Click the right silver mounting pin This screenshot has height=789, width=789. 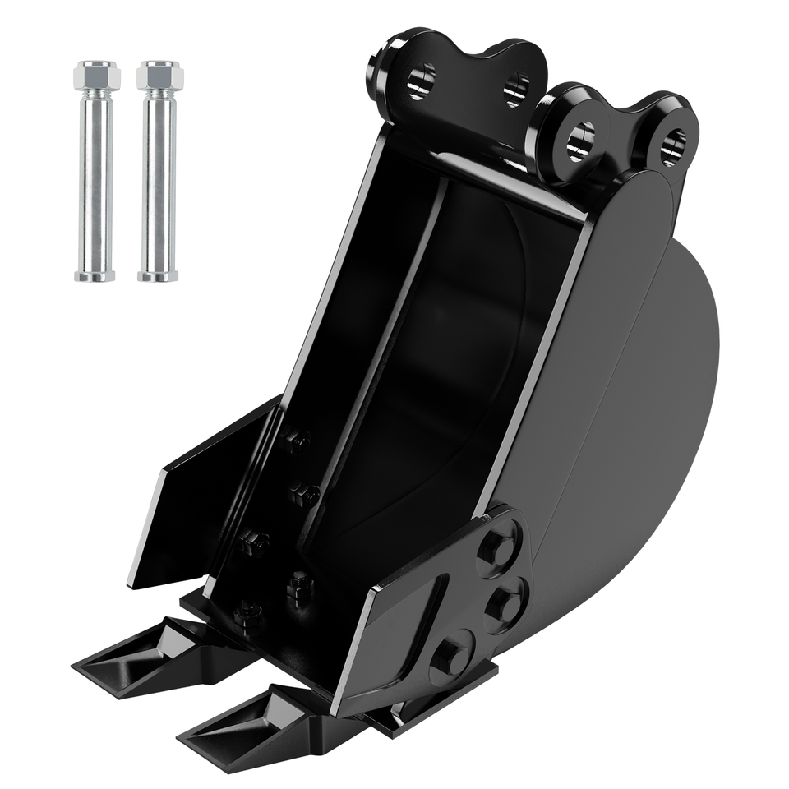pyautogui.click(x=159, y=181)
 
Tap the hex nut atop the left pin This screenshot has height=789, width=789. pyautogui.click(x=95, y=76)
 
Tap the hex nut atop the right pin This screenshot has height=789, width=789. pyautogui.click(x=159, y=76)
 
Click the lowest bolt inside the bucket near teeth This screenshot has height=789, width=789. pyautogui.click(x=247, y=613)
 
